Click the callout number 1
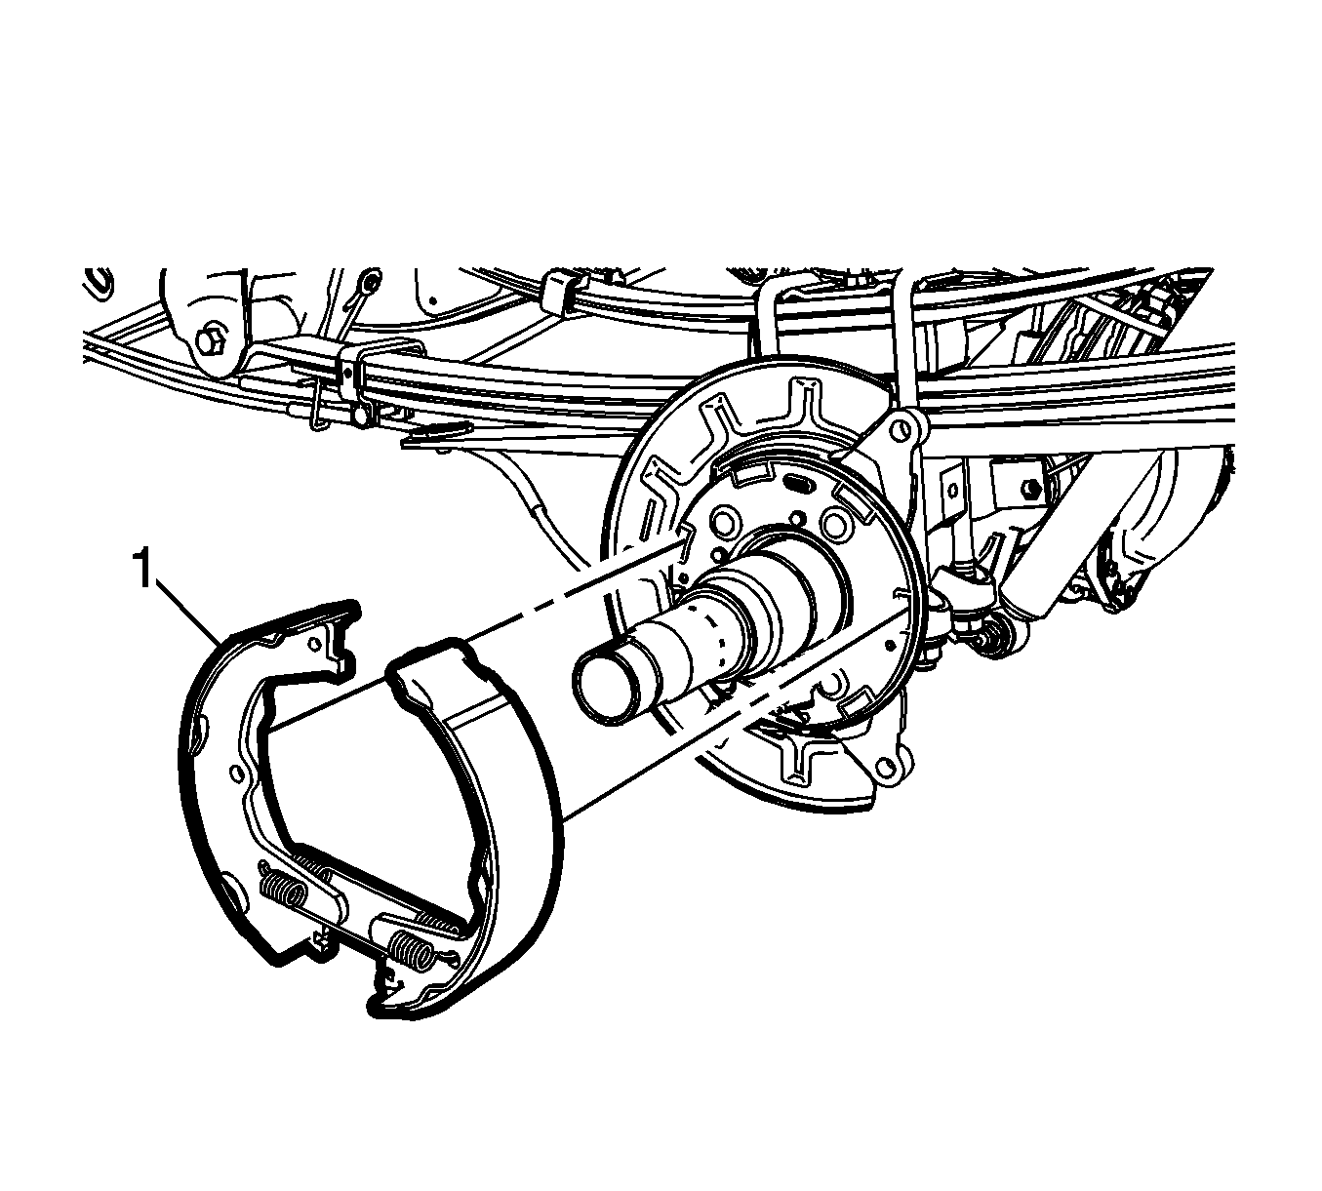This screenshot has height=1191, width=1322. [x=144, y=570]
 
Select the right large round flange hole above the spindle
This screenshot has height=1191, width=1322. [x=837, y=524]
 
